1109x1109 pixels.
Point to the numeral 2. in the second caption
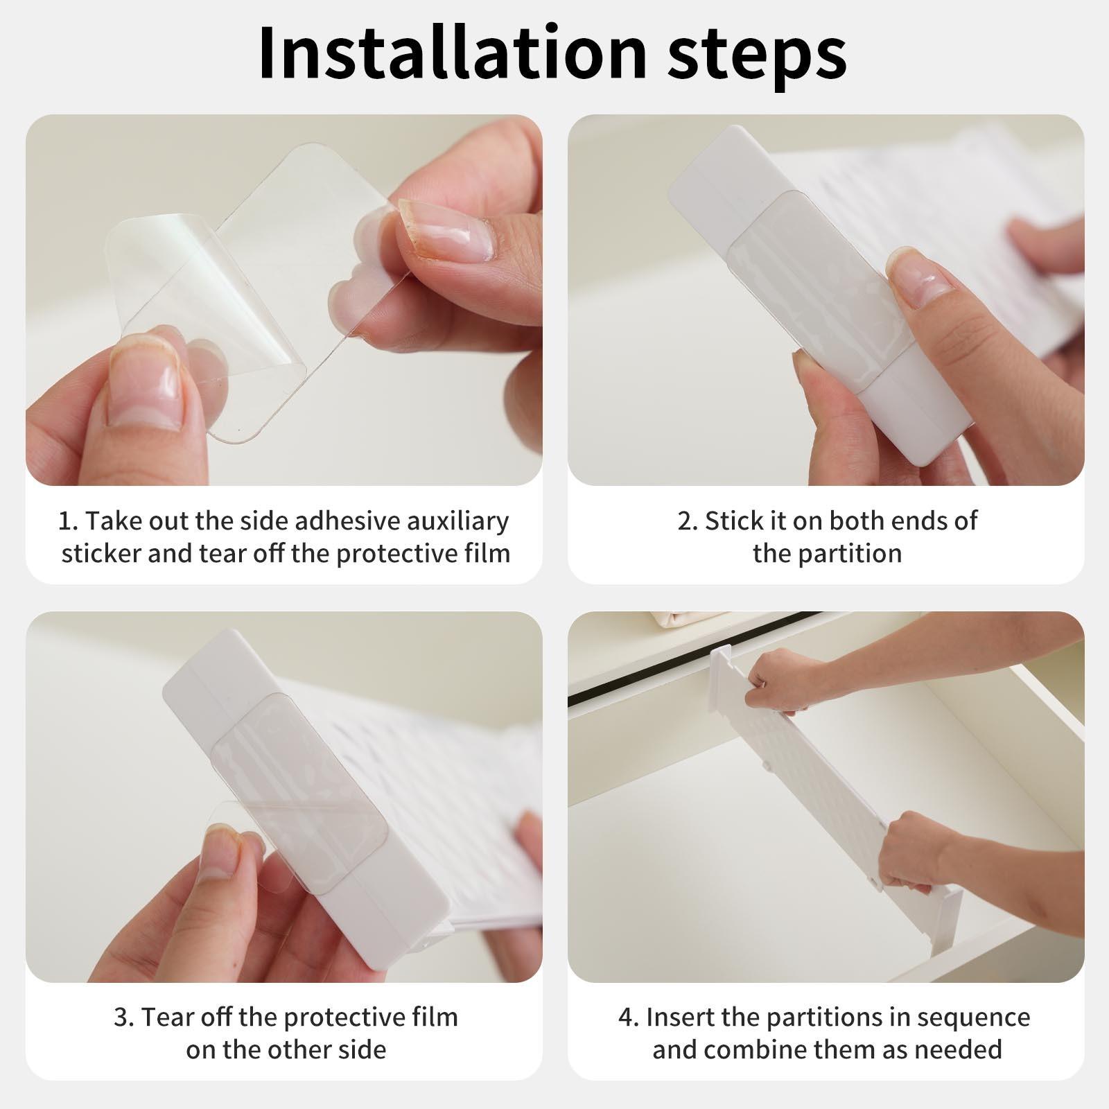pyautogui.click(x=688, y=521)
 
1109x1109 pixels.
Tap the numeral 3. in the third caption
pyautogui.click(x=124, y=1018)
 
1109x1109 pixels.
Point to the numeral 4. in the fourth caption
pyautogui.click(x=629, y=1018)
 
